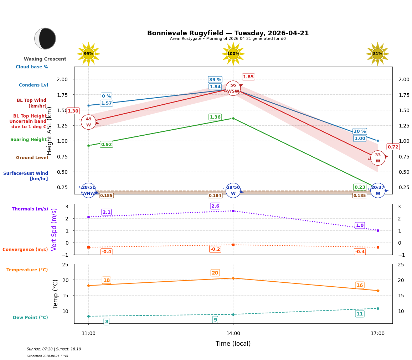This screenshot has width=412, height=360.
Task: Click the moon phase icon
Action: pyautogui.click(x=45, y=38)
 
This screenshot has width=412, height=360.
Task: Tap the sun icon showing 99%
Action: pyautogui.click(x=88, y=54)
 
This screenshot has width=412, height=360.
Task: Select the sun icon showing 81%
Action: pyautogui.click(x=377, y=54)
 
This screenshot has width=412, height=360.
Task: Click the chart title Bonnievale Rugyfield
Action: pyautogui.click(x=228, y=33)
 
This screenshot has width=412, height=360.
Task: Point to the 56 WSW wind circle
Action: pyautogui.click(x=233, y=88)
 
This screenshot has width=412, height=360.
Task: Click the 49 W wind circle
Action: pyautogui.click(x=88, y=122)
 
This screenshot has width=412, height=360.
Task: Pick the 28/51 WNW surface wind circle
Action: pyautogui.click(x=88, y=191)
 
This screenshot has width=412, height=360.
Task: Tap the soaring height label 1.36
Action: pyautogui.click(x=215, y=117)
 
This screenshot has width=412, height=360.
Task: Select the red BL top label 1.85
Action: pyautogui.click(x=248, y=77)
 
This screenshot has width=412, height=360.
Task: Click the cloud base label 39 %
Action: pyautogui.click(x=215, y=80)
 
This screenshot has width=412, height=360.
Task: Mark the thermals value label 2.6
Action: pyautogui.click(x=215, y=206)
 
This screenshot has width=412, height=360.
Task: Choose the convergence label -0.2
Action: pyautogui.click(x=215, y=249)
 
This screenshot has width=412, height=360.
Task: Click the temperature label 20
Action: pyautogui.click(x=215, y=273)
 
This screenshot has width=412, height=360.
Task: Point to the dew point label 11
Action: pyautogui.click(x=360, y=314)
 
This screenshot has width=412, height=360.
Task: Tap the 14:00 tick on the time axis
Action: pyautogui.click(x=233, y=334)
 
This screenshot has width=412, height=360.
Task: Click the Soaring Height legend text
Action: pyautogui.click(x=29, y=140)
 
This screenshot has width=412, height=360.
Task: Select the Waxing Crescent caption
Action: pyautogui.click(x=45, y=59)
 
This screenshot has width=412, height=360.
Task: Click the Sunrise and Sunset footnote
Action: pyautogui.click(x=54, y=349)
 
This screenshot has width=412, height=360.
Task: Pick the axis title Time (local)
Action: pyautogui.click(x=233, y=344)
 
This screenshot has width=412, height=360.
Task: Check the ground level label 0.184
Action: pyautogui.click(x=215, y=195)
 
